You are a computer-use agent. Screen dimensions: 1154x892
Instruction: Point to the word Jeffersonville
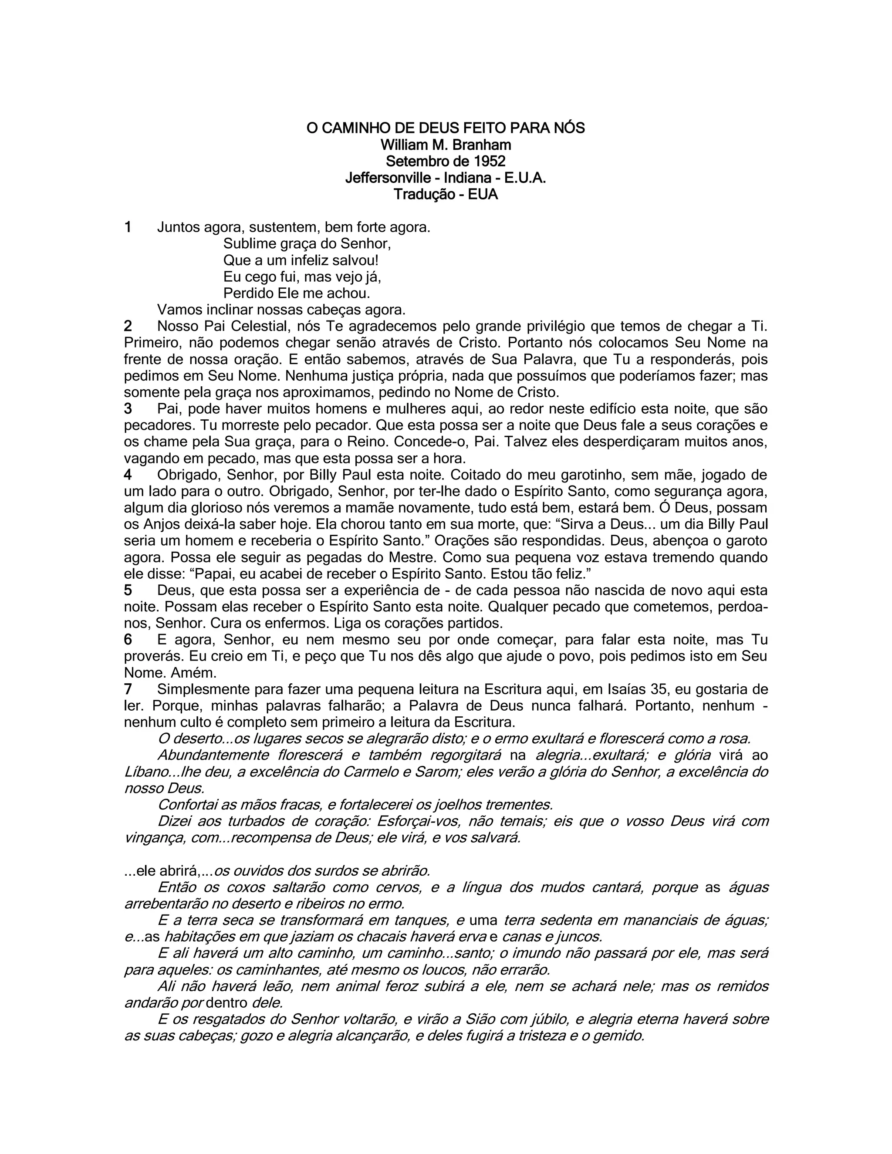(x=388, y=178)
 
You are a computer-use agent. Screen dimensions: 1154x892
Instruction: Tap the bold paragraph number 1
(x=127, y=227)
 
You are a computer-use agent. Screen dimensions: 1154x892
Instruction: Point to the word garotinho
(x=590, y=475)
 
